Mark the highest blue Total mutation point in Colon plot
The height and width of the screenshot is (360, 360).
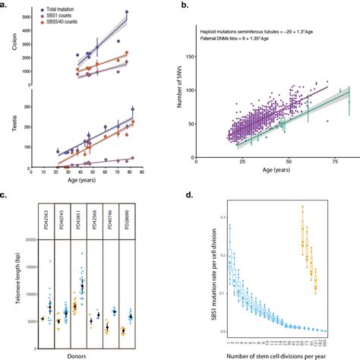(127, 12)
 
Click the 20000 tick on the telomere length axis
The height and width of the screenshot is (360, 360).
(29, 240)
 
